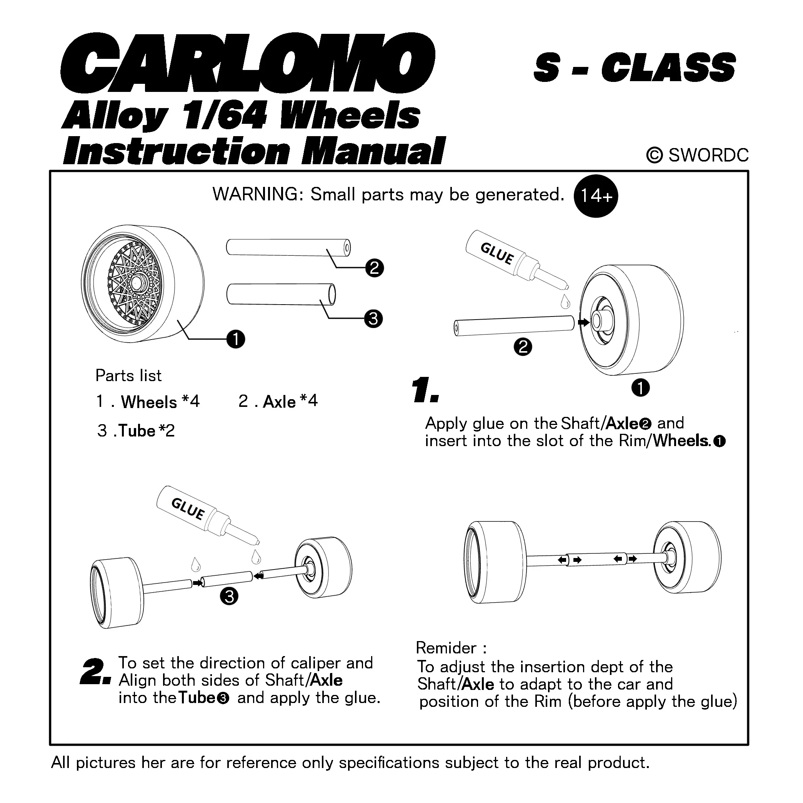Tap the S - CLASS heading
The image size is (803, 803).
[635, 67]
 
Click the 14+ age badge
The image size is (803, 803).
[596, 196]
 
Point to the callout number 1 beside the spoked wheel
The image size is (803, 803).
[236, 339]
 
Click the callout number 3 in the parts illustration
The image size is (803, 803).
[373, 319]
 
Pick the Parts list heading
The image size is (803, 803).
[128, 375]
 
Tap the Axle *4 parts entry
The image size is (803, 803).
[278, 401]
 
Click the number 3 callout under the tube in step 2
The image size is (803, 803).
[229, 597]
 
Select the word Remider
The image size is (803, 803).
[446, 648]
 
